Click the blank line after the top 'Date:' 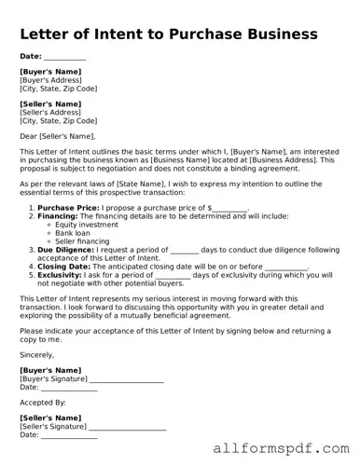click(65, 58)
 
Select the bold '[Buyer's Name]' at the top click(50, 72)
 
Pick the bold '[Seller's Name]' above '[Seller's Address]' click(50, 103)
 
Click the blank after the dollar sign click(231, 208)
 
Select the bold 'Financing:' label click(58, 215)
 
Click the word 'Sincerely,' click(36, 355)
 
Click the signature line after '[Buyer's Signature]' click(127, 379)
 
